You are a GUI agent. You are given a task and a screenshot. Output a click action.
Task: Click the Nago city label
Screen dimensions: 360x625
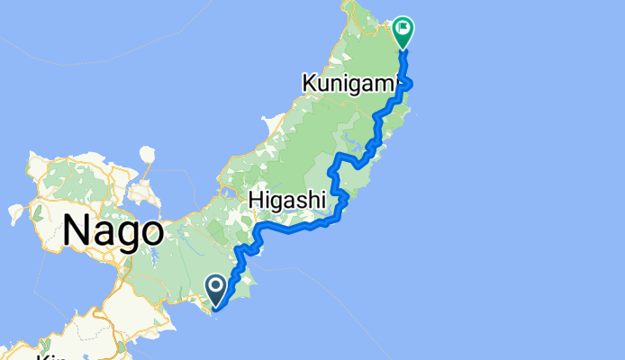click(x=113, y=231)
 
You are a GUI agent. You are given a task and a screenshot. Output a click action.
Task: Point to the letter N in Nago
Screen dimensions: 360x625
click(x=78, y=231)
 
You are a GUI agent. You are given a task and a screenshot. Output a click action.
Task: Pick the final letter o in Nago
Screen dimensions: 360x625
click(x=150, y=233)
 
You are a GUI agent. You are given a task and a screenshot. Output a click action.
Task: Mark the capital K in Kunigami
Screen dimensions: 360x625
click(x=310, y=84)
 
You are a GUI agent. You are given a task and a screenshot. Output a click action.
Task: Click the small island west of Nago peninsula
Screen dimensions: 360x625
click(x=15, y=214)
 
